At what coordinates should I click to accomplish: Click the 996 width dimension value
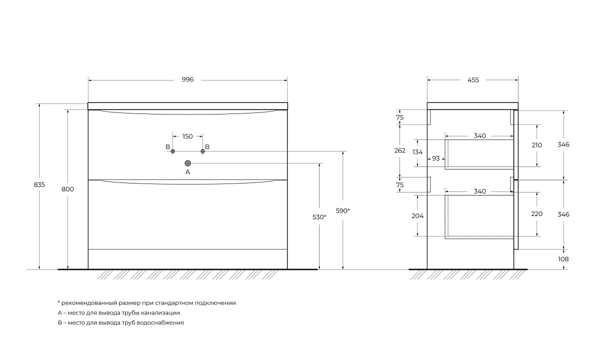click(x=187, y=79)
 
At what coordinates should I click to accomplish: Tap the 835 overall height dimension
click(x=39, y=185)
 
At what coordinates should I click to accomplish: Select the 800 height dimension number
click(x=67, y=189)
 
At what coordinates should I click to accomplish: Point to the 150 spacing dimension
click(x=187, y=136)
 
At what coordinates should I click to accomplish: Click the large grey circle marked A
click(x=188, y=163)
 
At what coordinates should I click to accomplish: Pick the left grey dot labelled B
click(x=173, y=151)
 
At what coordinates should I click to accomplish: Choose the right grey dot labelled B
click(x=203, y=151)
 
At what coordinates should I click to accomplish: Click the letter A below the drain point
click(x=188, y=172)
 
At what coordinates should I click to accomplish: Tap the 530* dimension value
click(x=319, y=217)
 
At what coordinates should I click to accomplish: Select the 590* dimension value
click(x=343, y=211)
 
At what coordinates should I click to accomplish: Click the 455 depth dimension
click(x=473, y=80)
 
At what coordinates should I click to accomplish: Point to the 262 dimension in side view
click(x=399, y=150)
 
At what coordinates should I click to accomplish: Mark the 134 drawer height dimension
click(x=417, y=152)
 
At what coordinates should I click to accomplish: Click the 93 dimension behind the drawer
click(x=436, y=158)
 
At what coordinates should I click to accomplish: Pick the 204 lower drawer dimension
click(x=417, y=216)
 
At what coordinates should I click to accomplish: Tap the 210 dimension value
click(x=537, y=145)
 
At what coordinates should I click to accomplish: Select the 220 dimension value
click(x=537, y=214)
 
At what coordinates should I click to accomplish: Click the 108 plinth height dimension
click(x=563, y=259)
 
